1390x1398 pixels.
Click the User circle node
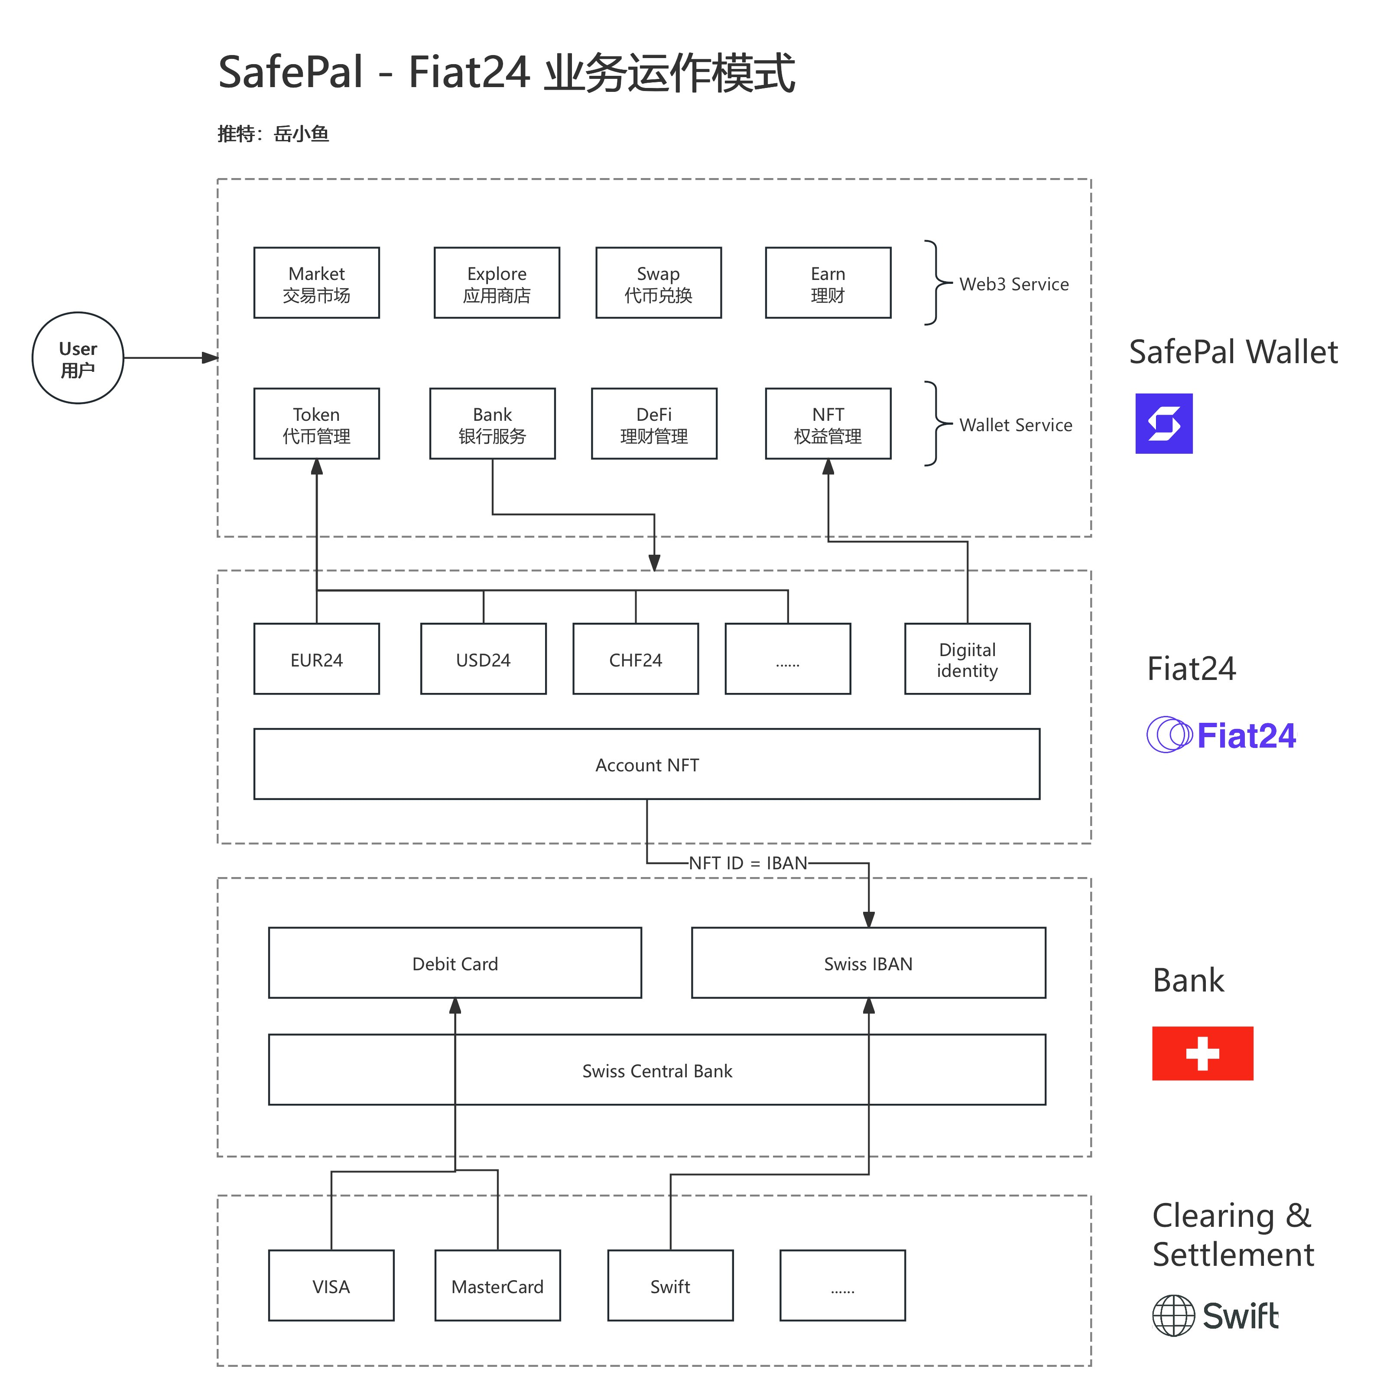[x=78, y=358]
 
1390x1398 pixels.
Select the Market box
[x=316, y=283]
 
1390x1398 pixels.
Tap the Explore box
[x=497, y=283]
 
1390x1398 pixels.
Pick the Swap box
[x=659, y=283]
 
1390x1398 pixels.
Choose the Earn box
[x=828, y=283]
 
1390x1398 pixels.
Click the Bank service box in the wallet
[x=492, y=424]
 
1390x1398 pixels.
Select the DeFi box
[x=654, y=424]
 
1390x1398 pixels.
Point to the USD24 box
[x=484, y=659]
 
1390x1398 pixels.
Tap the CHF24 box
[x=635, y=659]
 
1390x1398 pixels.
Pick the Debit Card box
[x=455, y=963]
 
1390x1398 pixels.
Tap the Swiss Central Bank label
[x=657, y=1070]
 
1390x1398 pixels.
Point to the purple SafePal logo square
[x=1163, y=423]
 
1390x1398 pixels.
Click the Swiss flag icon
[x=1202, y=1053]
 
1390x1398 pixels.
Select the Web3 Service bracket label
[x=1014, y=284]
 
